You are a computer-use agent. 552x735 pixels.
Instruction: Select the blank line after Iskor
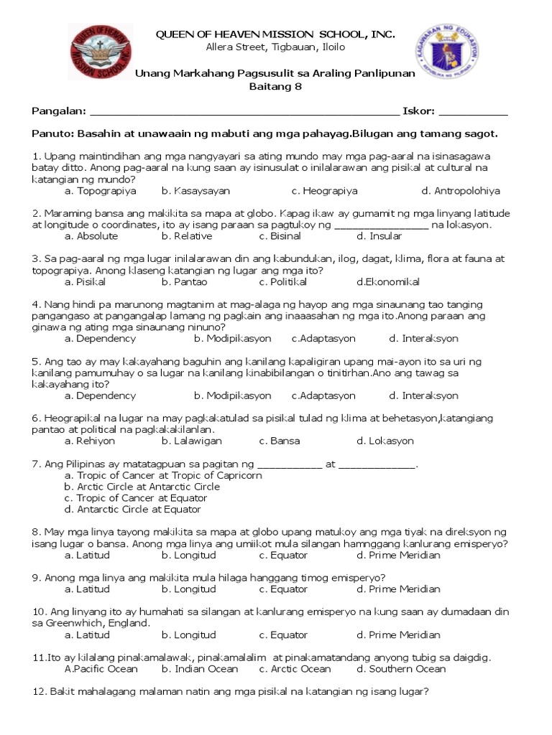[x=472, y=112]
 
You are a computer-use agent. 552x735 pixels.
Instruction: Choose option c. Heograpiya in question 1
[x=324, y=191]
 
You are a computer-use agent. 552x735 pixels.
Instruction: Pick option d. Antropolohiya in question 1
[x=460, y=191]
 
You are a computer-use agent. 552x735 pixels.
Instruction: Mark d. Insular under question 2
[x=379, y=235]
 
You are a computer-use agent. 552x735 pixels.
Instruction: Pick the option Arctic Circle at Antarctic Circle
[x=142, y=487]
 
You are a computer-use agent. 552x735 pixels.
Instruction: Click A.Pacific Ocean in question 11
[x=101, y=669]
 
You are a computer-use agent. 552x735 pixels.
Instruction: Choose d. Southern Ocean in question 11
[x=401, y=669]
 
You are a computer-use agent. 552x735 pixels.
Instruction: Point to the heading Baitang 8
[x=275, y=87]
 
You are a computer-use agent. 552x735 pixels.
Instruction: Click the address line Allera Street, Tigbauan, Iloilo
[x=275, y=47]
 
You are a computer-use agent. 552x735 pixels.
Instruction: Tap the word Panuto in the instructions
[x=52, y=134]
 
